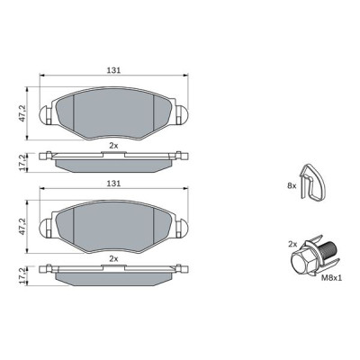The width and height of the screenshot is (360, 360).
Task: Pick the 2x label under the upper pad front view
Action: [x=113, y=144]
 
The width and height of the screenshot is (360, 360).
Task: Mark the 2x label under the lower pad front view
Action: [x=113, y=257]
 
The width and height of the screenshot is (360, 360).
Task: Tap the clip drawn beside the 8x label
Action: [x=312, y=184]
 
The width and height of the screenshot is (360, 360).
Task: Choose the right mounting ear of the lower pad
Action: [x=181, y=226]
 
